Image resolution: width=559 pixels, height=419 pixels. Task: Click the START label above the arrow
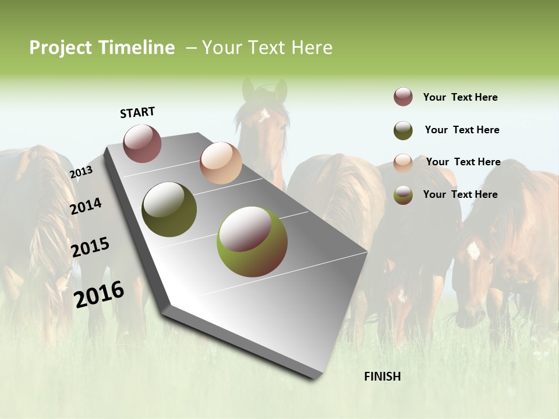[x=137, y=112]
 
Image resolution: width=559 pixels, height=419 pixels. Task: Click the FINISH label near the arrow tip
[x=383, y=377]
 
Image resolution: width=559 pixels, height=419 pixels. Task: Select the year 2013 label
[x=81, y=172]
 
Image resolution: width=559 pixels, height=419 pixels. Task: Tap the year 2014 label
[x=86, y=206]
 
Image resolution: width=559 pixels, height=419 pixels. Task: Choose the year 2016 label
[x=99, y=294]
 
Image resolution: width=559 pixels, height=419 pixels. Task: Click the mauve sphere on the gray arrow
[x=143, y=143]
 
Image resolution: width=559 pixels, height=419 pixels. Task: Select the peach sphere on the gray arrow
[x=221, y=163]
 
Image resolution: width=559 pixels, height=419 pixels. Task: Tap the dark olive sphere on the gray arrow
[x=169, y=210]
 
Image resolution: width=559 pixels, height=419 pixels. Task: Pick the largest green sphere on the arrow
[x=252, y=242]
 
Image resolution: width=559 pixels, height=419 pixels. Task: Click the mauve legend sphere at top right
[x=403, y=97]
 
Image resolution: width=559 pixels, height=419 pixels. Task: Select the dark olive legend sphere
[x=403, y=130]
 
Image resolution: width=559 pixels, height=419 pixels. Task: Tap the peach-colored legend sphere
[x=403, y=163]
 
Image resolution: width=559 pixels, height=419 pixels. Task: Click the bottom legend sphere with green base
[x=403, y=195]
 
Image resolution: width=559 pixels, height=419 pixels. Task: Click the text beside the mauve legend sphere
[x=460, y=97]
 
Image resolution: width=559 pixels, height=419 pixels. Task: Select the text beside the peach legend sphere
[x=463, y=162]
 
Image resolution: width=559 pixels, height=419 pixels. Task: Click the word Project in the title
[x=61, y=48]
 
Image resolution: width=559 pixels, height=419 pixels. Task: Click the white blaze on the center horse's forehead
[x=264, y=114]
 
